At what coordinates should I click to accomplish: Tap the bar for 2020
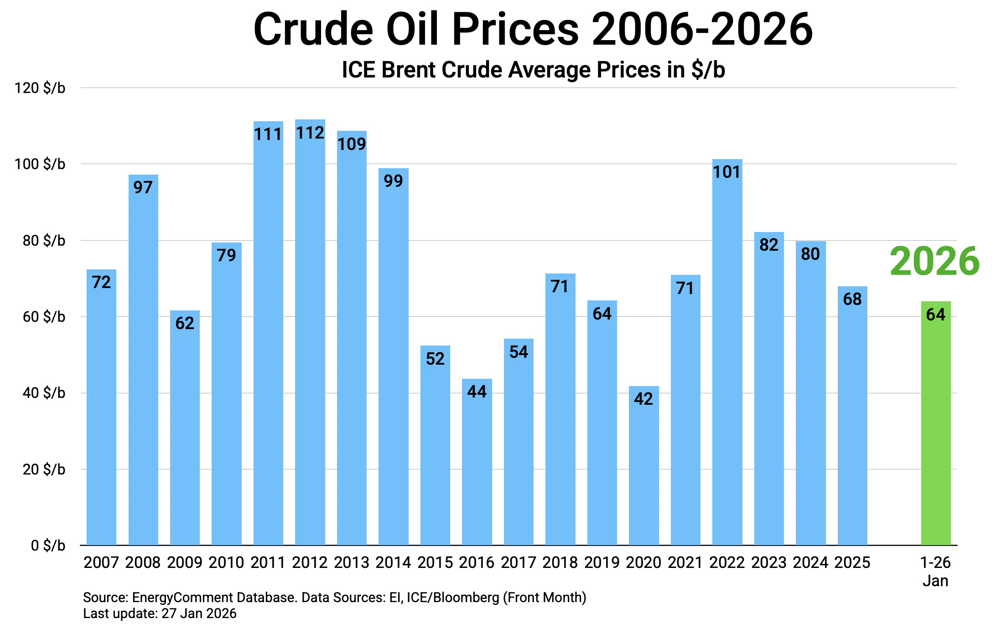(x=643, y=465)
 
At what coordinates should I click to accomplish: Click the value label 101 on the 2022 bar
(x=727, y=172)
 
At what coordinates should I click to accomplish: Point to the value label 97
(x=143, y=187)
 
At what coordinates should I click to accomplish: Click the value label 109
(x=352, y=144)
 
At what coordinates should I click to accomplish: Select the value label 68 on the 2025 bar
(x=852, y=299)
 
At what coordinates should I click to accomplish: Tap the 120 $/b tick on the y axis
(x=40, y=88)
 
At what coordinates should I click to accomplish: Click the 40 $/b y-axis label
(x=44, y=393)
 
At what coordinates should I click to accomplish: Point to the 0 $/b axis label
(x=48, y=546)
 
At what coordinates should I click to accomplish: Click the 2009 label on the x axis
(x=185, y=562)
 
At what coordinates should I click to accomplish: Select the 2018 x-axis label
(x=560, y=562)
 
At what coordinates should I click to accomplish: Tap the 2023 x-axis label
(x=769, y=562)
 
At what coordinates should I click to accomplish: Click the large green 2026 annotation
(x=934, y=261)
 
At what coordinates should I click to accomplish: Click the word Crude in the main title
(x=313, y=29)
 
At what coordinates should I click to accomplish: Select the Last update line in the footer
(x=160, y=614)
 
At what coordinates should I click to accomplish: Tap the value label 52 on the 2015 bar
(x=435, y=359)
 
